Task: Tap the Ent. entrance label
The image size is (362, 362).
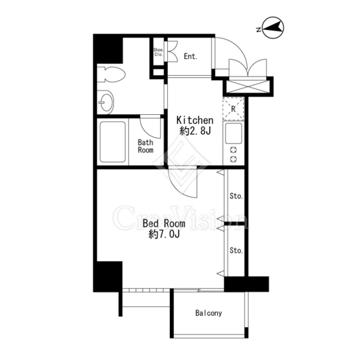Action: click(x=191, y=56)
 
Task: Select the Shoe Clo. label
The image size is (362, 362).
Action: click(x=159, y=52)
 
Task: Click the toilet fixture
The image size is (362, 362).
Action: click(x=111, y=74)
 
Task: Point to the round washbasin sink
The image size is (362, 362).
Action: click(x=105, y=102)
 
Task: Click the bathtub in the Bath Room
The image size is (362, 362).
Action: click(x=113, y=141)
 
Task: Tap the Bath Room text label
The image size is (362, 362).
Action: click(x=145, y=146)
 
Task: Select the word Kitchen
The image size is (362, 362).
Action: click(x=195, y=120)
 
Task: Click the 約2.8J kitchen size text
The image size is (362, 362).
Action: click(x=195, y=132)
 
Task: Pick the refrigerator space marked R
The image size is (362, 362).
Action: click(x=233, y=109)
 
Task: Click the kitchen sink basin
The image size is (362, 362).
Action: click(x=233, y=134)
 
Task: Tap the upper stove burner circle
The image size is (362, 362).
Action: click(x=233, y=150)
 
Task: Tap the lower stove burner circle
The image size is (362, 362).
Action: click(x=233, y=159)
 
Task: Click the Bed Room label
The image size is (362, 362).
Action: click(x=164, y=223)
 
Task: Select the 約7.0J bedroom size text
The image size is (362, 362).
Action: click(x=164, y=235)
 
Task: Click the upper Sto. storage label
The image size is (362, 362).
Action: click(x=236, y=196)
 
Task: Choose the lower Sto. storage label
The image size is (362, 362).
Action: click(x=236, y=251)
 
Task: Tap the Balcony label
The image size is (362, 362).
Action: click(x=209, y=313)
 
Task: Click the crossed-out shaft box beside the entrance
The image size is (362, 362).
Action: click(x=248, y=86)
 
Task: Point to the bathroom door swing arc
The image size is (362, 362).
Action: click(x=147, y=131)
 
